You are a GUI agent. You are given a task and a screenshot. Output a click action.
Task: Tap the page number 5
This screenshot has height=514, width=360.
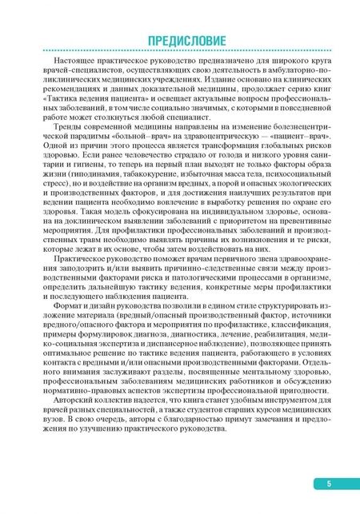pos(328,483)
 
